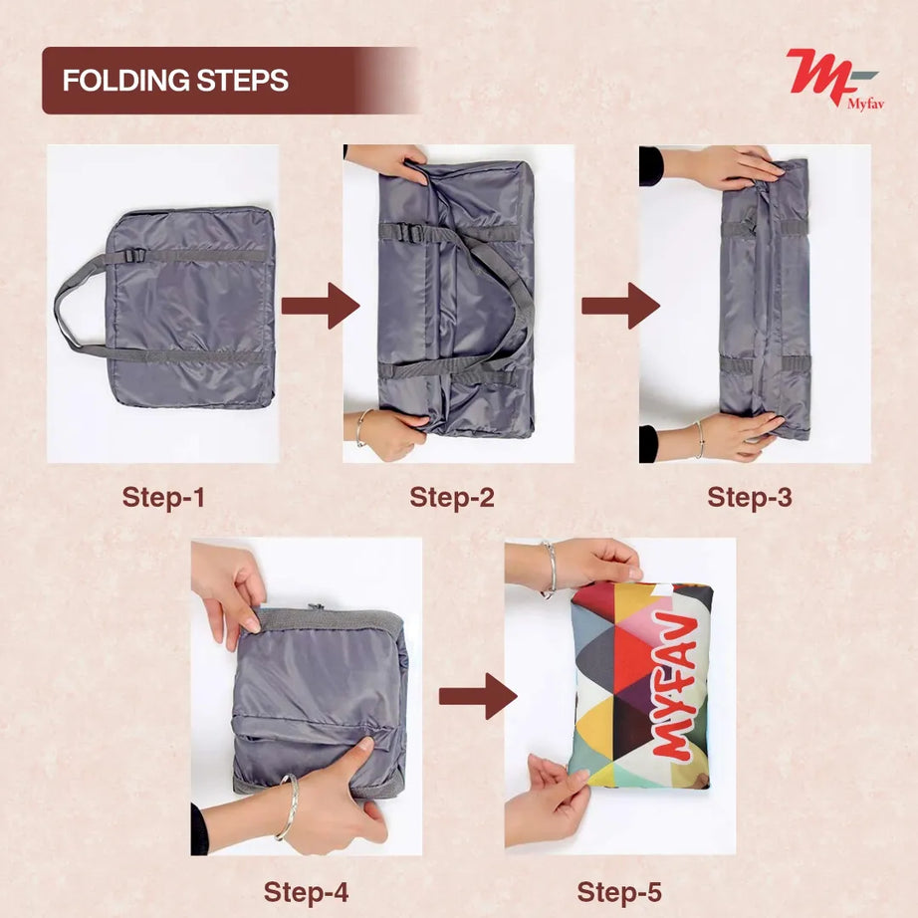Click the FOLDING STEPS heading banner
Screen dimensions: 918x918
(x=199, y=80)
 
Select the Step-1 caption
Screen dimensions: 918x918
(x=163, y=497)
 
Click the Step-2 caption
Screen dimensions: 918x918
(x=452, y=497)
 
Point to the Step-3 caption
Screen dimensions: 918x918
(x=750, y=497)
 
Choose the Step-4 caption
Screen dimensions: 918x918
(x=306, y=891)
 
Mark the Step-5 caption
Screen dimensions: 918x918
(x=619, y=891)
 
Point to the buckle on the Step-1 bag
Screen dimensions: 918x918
(x=135, y=256)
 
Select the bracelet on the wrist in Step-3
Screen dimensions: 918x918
(x=700, y=439)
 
